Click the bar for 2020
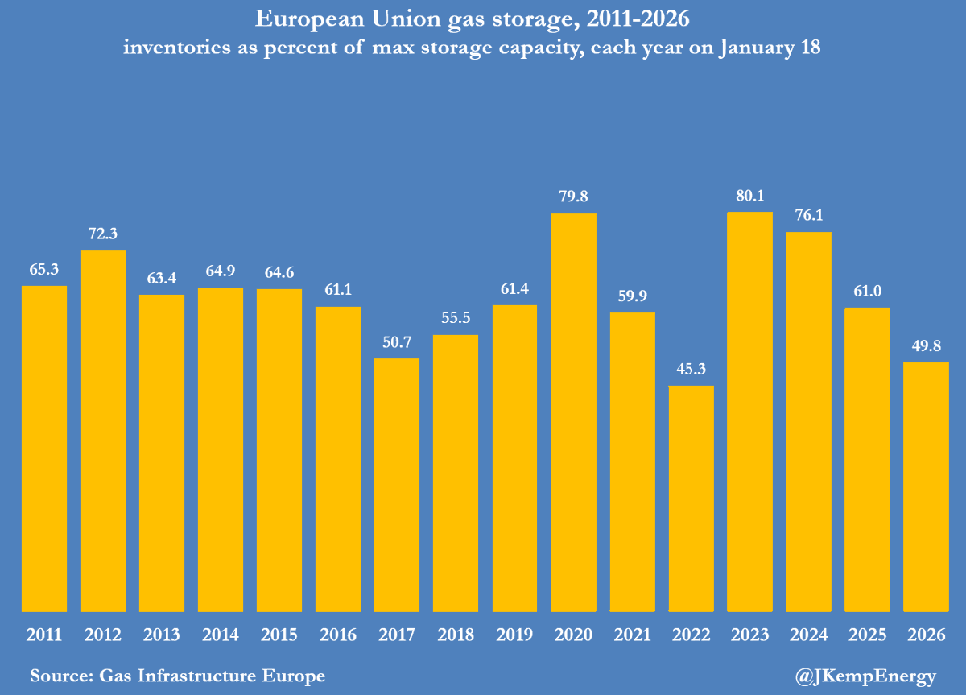(x=574, y=412)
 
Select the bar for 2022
(x=691, y=498)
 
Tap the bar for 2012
(x=103, y=431)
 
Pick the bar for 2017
(x=398, y=485)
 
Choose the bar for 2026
(x=926, y=486)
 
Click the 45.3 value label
(x=691, y=371)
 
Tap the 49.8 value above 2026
(x=926, y=348)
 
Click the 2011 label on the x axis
(x=44, y=635)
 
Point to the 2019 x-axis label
(x=515, y=635)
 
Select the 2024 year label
(x=808, y=635)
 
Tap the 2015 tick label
(x=279, y=635)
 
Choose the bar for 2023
(x=749, y=412)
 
